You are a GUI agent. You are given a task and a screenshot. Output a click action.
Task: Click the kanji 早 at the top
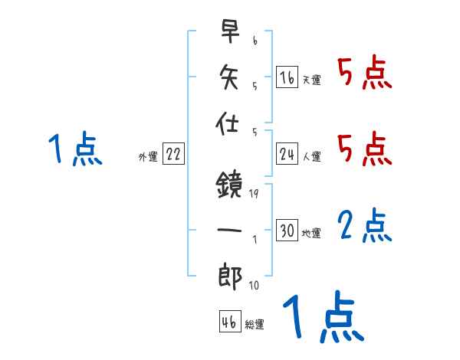coord(230,32)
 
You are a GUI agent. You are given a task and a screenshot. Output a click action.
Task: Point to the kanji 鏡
coord(230,183)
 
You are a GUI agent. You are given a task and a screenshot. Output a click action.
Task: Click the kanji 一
coord(230,228)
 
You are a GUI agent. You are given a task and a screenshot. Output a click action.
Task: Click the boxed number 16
coord(287,77)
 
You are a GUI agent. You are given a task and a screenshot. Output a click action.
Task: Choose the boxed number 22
coord(173,155)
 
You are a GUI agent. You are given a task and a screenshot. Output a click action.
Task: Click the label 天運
coord(311,80)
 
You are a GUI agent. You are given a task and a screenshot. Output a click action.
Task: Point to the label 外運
coord(148,157)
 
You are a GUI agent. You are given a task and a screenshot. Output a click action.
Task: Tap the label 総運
coord(255,325)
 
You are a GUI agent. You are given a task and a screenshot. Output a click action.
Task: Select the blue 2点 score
coord(365,225)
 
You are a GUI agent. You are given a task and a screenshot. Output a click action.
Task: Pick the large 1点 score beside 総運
coord(323,319)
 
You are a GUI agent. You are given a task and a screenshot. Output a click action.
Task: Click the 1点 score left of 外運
coord(75,149)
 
